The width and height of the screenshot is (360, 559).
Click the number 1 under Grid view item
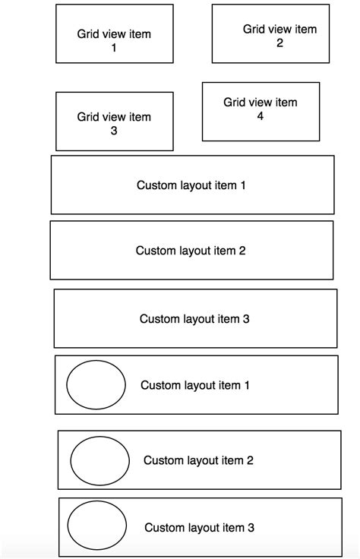tap(114, 47)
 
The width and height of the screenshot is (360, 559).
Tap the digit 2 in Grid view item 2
tap(279, 43)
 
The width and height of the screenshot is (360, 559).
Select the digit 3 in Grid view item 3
tap(114, 131)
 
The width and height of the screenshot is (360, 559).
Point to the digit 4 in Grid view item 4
tap(261, 116)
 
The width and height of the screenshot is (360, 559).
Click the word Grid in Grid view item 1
tap(88, 34)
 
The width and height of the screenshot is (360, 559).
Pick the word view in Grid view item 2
tap(281, 29)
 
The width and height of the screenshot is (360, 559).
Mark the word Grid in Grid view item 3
tap(88, 117)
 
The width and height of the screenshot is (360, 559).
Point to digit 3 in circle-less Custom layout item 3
tap(246, 319)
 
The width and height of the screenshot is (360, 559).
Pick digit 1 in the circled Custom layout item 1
tap(247, 385)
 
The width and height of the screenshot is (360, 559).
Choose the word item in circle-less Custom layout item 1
tap(226, 185)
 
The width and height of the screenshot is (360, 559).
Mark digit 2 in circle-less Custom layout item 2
tap(242, 251)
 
